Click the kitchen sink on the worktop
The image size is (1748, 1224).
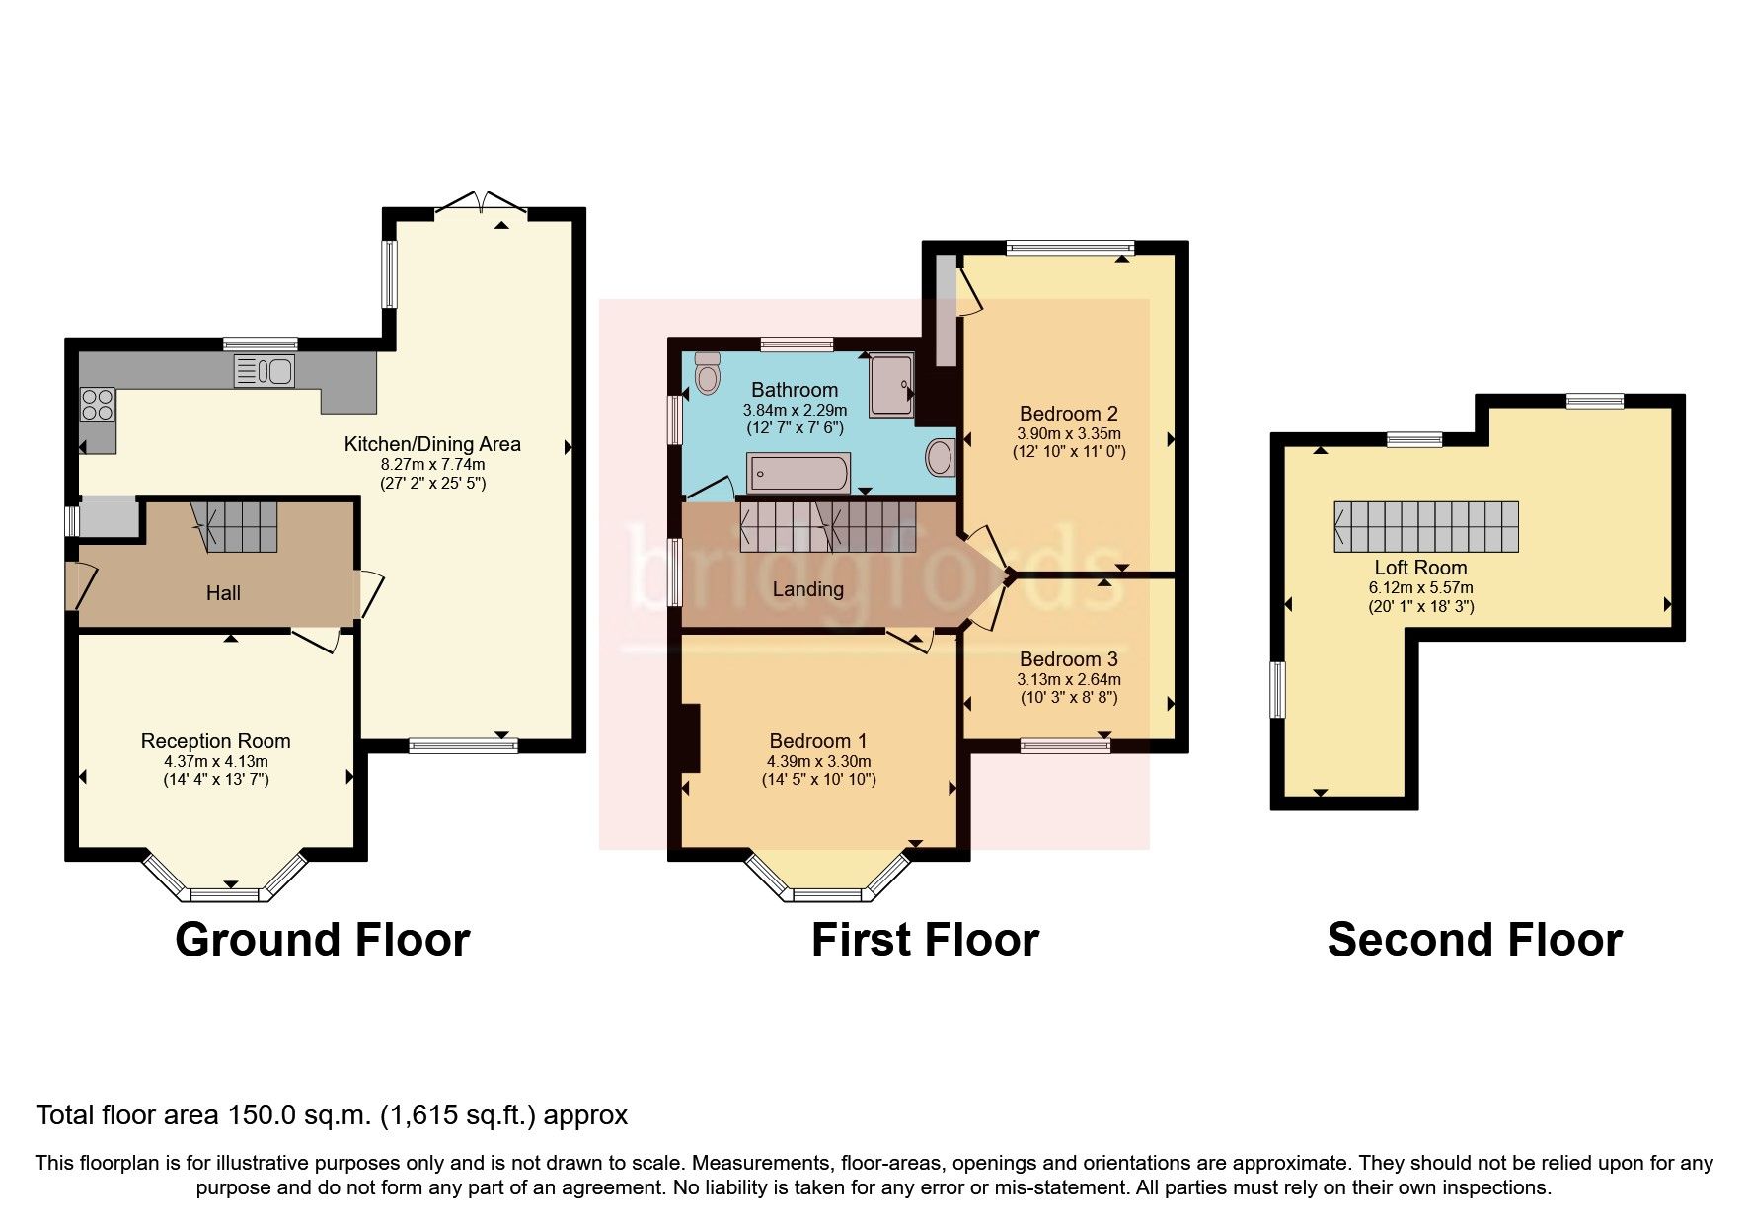264,372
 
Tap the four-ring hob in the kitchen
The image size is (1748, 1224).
97,404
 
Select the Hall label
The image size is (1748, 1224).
223,593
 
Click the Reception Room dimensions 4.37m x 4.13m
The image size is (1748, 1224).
216,761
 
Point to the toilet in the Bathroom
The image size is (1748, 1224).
707,372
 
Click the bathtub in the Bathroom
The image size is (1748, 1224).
798,473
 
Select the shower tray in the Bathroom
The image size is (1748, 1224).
891,385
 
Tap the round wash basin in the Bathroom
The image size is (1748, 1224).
941,457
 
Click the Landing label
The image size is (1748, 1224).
807,589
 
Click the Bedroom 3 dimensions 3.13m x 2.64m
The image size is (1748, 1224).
1069,679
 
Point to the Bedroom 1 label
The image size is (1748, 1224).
817,741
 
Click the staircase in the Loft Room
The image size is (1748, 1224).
1425,526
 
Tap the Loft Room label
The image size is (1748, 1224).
1420,568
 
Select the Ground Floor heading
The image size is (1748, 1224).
322,940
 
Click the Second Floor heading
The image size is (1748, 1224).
1474,940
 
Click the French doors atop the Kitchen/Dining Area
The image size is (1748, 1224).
481,204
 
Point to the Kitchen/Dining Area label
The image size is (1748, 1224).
431,444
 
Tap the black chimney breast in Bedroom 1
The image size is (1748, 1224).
690,737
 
